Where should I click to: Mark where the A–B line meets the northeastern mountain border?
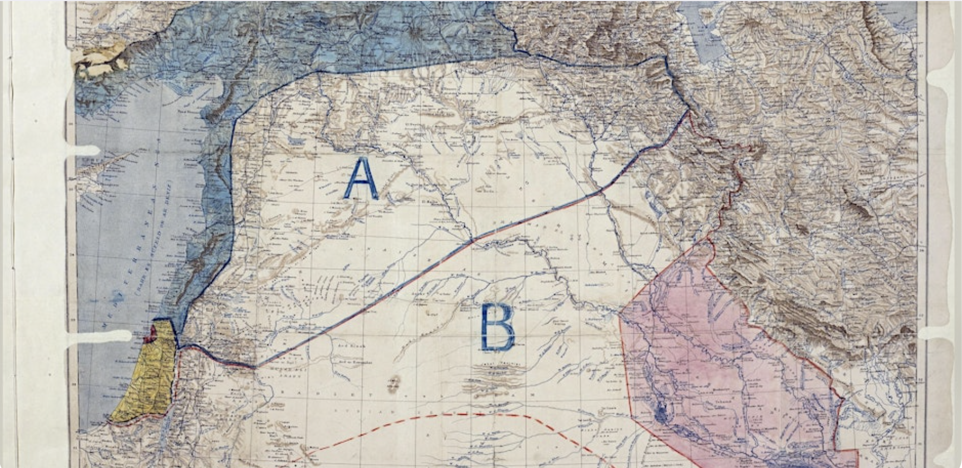click(688, 112)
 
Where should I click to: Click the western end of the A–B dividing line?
click(254, 367)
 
